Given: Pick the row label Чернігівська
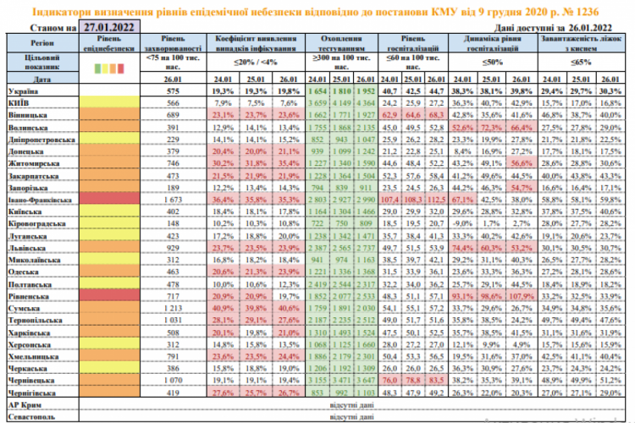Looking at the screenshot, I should (x=33, y=393).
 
